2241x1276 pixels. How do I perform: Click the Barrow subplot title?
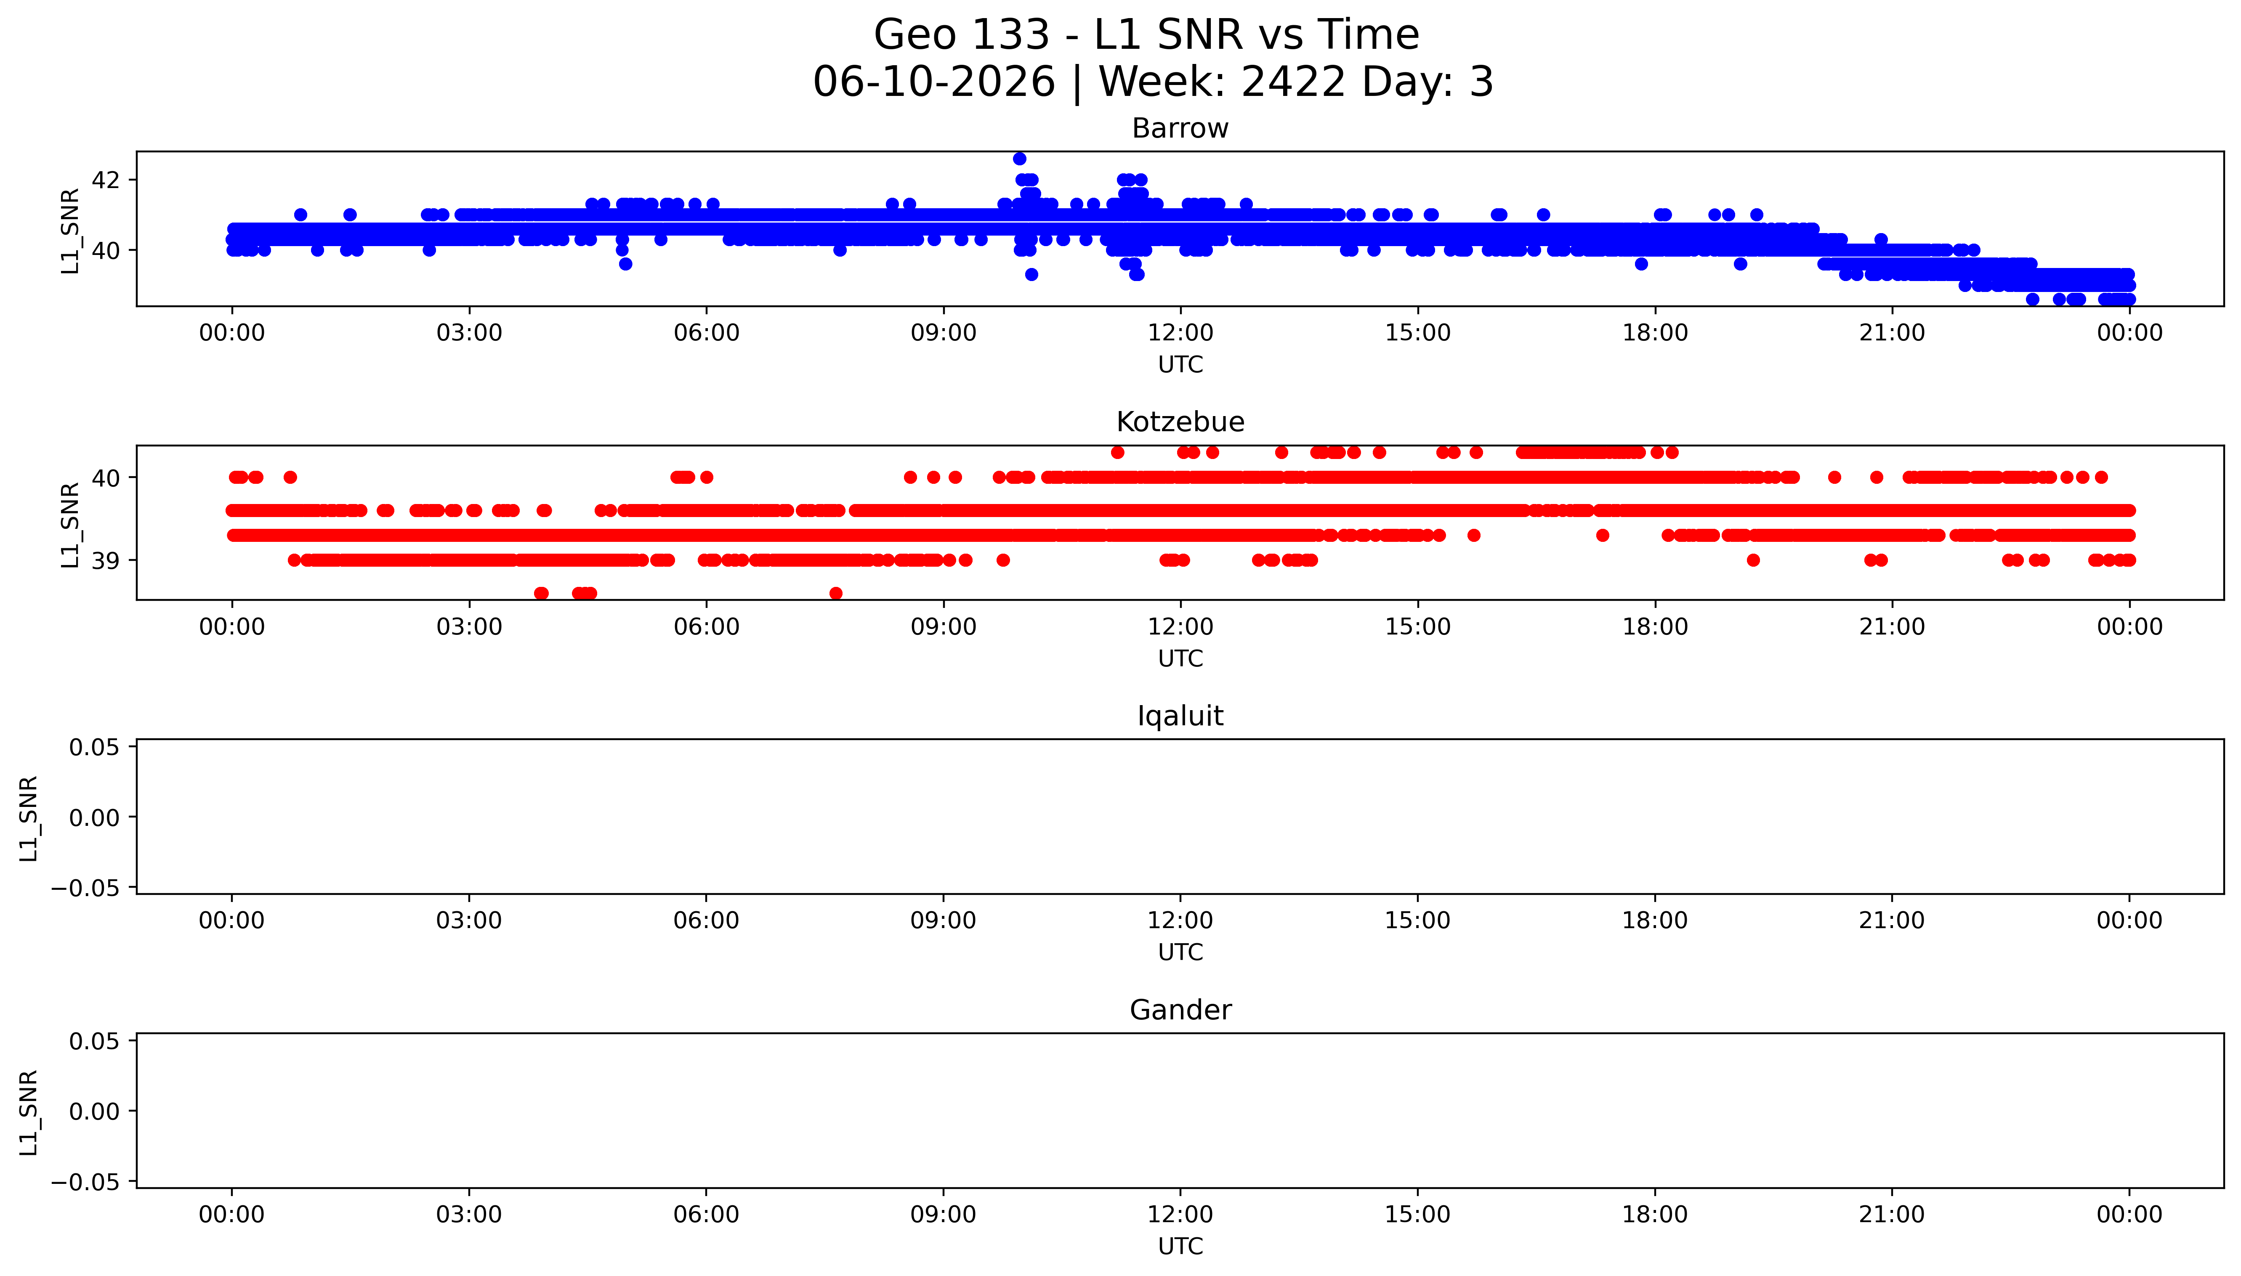coord(1180,129)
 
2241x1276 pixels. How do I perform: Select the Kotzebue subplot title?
coord(1180,422)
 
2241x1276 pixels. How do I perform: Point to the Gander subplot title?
coord(1180,1011)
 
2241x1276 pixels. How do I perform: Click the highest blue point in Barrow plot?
coord(1019,159)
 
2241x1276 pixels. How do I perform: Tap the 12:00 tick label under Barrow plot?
coord(1180,333)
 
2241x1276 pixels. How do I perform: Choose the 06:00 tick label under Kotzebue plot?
coord(707,626)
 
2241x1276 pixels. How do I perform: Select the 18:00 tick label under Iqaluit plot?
coord(1655,920)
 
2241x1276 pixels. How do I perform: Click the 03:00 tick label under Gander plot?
coord(469,1215)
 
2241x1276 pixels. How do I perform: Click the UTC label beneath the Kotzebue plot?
coord(1180,658)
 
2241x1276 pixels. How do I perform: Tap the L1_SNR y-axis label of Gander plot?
coord(29,1112)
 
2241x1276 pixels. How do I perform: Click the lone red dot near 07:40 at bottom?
coord(836,593)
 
